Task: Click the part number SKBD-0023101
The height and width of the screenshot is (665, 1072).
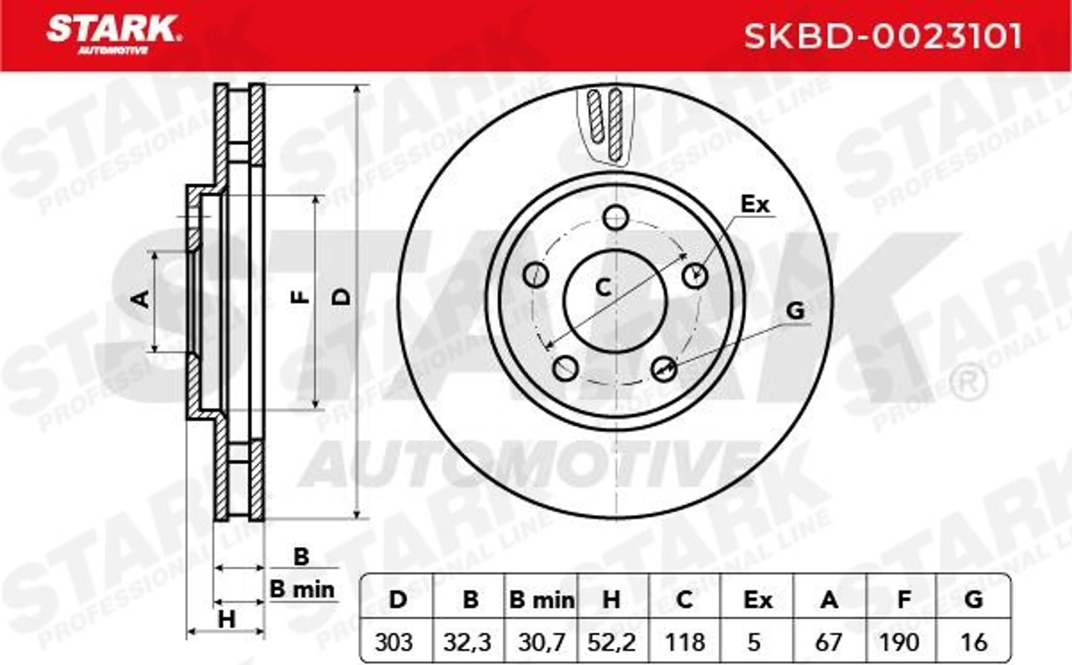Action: pyautogui.click(x=883, y=37)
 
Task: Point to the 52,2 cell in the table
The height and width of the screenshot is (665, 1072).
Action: pyautogui.click(x=612, y=643)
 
